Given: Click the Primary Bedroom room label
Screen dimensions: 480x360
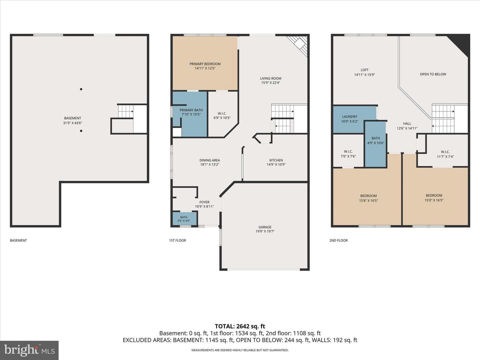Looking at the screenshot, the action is pos(205,64).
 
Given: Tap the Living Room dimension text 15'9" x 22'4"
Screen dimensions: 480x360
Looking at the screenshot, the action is pos(271,83).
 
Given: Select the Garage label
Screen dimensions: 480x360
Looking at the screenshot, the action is pos(265,227).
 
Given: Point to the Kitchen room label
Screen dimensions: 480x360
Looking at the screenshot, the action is pos(276,160).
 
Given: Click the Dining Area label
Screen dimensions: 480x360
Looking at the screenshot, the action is pos(209,160).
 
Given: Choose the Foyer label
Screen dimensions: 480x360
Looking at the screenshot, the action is pos(204,202).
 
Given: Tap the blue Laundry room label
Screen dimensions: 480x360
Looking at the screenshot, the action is pos(349,117).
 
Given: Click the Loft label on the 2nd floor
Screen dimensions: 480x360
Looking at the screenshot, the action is pos(364,70).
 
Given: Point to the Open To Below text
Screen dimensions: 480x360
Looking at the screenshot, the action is pos(433,74).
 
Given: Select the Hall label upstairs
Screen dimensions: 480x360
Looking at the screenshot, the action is pos(407,123).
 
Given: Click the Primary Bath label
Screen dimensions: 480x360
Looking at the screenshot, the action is pos(191,110).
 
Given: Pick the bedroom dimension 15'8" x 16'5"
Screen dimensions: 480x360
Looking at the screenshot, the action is pos(368,200).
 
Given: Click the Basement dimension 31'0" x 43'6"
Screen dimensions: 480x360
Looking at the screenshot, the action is pos(72,123).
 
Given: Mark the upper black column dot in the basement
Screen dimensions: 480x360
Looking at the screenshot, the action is pos(81,89).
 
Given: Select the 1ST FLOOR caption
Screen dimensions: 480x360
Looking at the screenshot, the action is pos(177,240).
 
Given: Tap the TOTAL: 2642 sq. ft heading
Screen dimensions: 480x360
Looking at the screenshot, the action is pos(240,326).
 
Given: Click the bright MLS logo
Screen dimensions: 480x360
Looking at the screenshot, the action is pos(29,350).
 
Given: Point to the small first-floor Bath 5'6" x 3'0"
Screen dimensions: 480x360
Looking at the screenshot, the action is pos(184,219).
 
